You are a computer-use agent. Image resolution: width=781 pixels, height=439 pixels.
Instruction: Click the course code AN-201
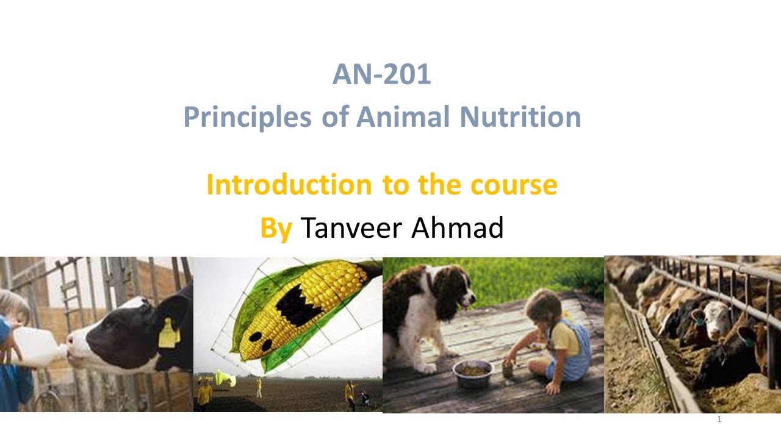click(x=382, y=75)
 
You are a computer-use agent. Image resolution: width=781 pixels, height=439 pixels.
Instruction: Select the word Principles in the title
click(x=247, y=117)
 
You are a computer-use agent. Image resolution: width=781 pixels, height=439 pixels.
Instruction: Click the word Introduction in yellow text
click(x=289, y=185)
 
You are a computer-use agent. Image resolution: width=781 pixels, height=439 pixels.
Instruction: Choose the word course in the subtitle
click(x=516, y=185)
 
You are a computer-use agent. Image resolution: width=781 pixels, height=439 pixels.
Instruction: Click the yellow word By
click(x=276, y=228)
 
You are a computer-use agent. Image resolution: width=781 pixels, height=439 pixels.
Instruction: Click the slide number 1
click(x=719, y=419)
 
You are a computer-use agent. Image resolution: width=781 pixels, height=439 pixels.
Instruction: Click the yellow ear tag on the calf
click(x=168, y=334)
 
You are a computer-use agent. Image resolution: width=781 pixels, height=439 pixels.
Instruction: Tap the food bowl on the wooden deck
click(x=472, y=373)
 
